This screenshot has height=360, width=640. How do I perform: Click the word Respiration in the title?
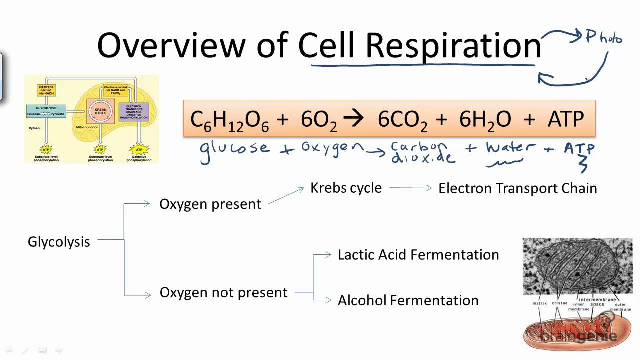coord(453,46)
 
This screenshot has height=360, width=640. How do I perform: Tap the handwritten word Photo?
coord(604,37)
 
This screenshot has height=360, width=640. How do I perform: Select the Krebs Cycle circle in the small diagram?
coord(100,111)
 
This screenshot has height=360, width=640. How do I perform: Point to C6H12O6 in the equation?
coord(230,120)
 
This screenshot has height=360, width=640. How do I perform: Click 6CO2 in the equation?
coord(402,120)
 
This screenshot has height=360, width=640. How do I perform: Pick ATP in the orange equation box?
coord(566,120)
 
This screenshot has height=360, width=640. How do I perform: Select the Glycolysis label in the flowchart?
coord(59,242)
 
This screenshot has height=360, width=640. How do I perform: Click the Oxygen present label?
coord(210,204)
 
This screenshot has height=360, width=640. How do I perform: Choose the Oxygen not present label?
coord(223,292)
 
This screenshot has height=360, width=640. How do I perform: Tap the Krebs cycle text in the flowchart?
coord(346,188)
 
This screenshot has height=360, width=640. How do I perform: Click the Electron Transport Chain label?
coord(517,188)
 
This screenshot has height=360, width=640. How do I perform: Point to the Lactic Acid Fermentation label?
coord(418,255)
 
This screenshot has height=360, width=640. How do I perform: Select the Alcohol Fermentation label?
coord(408,300)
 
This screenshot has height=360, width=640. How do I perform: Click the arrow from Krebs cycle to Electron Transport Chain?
coord(410,188)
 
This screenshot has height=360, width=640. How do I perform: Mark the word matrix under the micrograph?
coord(540,303)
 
